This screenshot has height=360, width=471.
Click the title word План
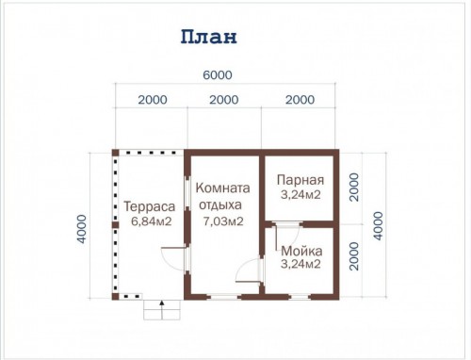(x=208, y=37)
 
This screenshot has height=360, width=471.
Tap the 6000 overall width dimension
(x=218, y=75)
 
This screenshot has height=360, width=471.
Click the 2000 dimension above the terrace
(x=153, y=100)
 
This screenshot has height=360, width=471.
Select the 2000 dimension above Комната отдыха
(x=224, y=100)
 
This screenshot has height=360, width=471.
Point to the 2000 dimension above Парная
(x=300, y=100)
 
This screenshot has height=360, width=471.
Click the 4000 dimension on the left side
(x=82, y=229)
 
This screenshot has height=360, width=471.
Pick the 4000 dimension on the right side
(x=378, y=226)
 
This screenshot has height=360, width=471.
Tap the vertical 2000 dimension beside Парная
(x=354, y=188)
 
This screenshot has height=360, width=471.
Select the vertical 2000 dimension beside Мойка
(x=354, y=256)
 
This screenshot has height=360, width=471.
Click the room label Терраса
(x=150, y=206)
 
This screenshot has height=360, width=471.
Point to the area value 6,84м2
(x=152, y=221)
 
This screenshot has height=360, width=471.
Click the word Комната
(x=222, y=188)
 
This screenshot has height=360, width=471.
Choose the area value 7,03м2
(x=223, y=221)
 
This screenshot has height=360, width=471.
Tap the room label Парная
(x=300, y=180)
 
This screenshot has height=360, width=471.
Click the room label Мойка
(x=301, y=251)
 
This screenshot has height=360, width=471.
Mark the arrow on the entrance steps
(x=162, y=310)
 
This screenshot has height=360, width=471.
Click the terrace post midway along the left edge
(x=116, y=225)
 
